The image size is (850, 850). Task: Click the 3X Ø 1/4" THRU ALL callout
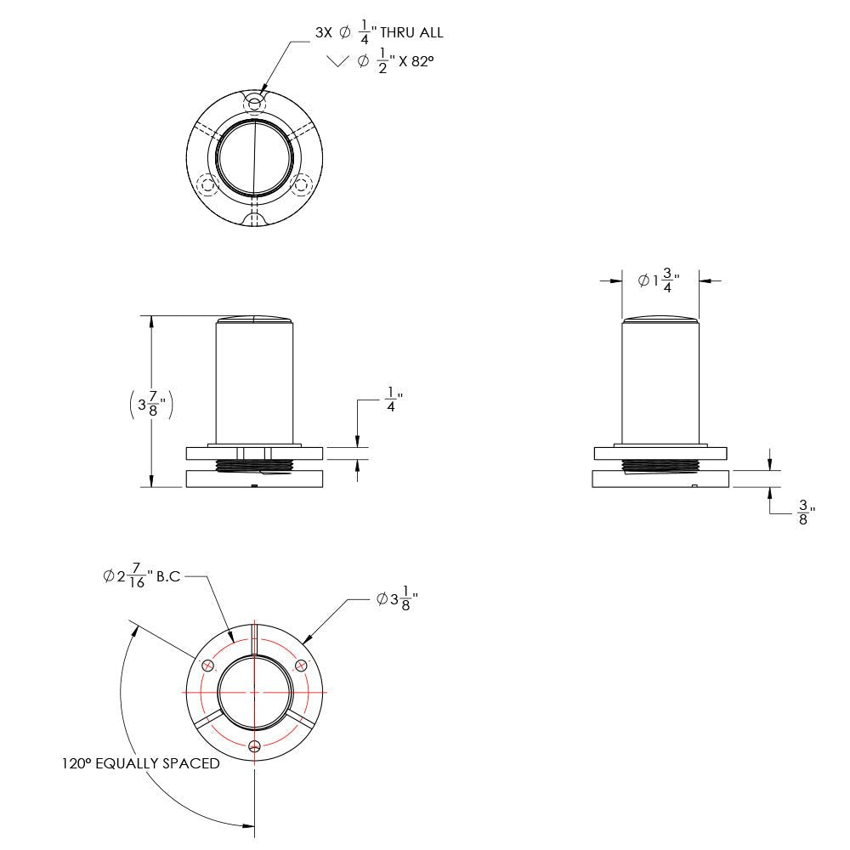(x=379, y=32)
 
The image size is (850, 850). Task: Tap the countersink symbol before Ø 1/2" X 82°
(x=337, y=60)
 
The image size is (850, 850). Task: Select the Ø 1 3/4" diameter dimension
(x=659, y=280)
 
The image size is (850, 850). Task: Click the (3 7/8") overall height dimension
(x=152, y=404)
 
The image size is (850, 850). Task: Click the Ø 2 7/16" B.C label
(x=142, y=575)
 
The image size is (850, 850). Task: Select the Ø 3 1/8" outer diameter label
(x=397, y=599)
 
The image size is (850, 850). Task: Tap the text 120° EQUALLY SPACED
(x=141, y=763)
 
